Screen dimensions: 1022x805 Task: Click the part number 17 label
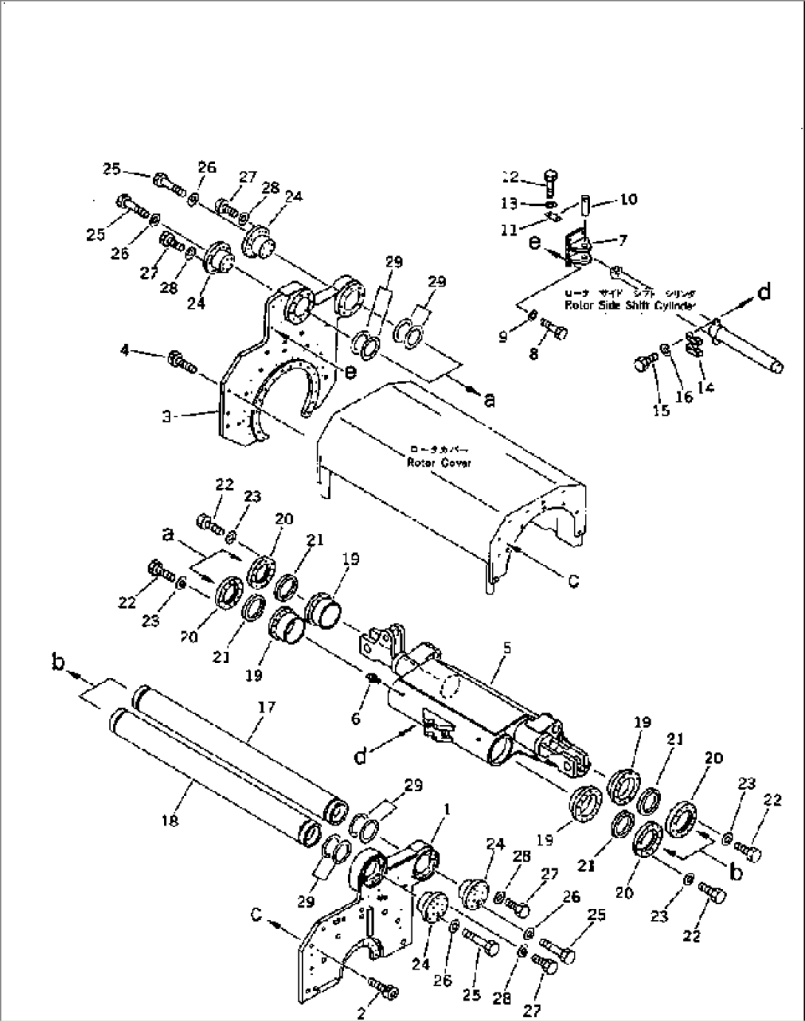pos(266,707)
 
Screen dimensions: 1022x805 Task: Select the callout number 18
pos(171,820)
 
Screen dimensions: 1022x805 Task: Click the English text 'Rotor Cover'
pos(439,462)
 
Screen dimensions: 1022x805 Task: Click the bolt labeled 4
pos(182,363)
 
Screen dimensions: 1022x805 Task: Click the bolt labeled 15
pos(644,365)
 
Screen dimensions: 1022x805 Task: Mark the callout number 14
pos(705,385)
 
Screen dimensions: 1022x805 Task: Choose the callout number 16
pos(684,397)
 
